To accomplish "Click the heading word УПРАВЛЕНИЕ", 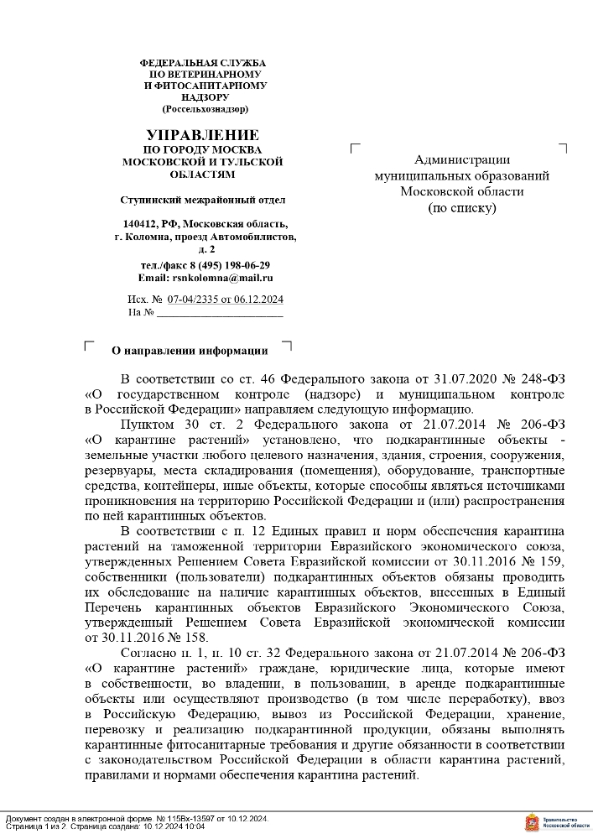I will (202, 135).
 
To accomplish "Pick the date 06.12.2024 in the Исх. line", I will (259, 300).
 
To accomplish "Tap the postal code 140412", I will (140, 224).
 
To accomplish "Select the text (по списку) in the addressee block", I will (462, 207).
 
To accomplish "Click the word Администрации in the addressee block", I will (462, 159).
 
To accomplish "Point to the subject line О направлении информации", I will (190, 351).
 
